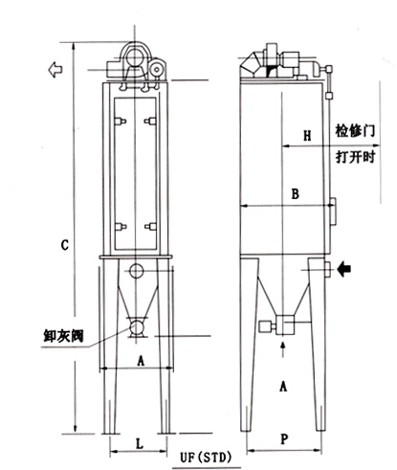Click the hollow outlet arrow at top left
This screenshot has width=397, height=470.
pyautogui.click(x=55, y=69)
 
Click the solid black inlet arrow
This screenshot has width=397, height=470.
pyautogui.click(x=343, y=269)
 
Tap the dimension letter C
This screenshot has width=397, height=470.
pyautogui.click(x=65, y=245)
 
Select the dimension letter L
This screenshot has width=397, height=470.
pyautogui.click(x=140, y=443)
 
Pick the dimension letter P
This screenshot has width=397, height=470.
pyautogui.click(x=284, y=439)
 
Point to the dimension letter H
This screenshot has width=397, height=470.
pyautogui.click(x=307, y=136)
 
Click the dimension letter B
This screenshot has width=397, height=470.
pyautogui.click(x=296, y=193)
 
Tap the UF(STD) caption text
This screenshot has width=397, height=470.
pyautogui.click(x=206, y=458)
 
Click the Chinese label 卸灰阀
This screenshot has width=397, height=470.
pyautogui.click(x=63, y=336)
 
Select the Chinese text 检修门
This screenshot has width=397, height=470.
pyautogui.click(x=355, y=130)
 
